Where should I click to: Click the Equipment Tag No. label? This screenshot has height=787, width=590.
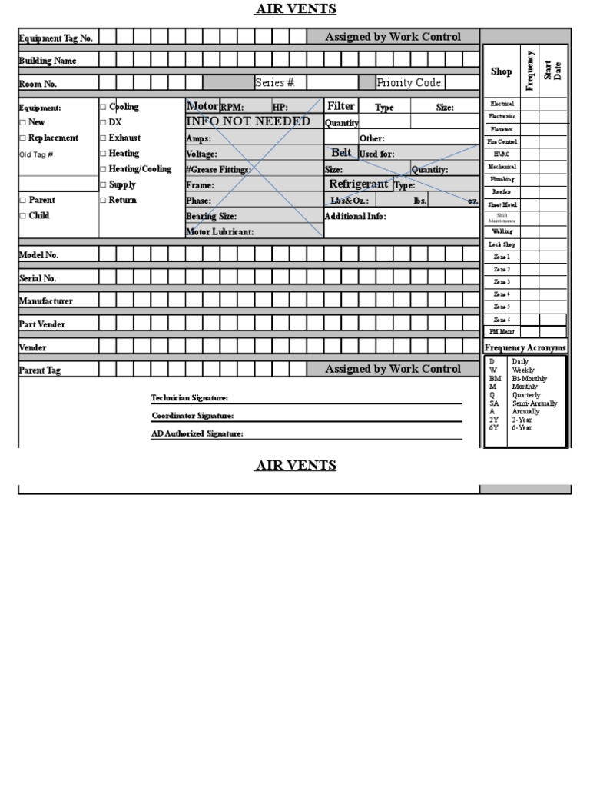pyautogui.click(x=55, y=38)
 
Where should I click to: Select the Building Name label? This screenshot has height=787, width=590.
pyautogui.click(x=48, y=61)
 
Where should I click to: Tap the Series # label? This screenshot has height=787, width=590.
pyautogui.click(x=275, y=83)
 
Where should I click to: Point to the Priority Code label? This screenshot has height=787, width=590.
pyautogui.click(x=410, y=83)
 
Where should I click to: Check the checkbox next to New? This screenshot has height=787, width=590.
pyautogui.click(x=23, y=123)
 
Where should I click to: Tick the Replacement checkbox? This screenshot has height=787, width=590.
pyautogui.click(x=23, y=138)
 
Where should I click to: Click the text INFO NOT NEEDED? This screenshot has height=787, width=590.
pyautogui.click(x=248, y=121)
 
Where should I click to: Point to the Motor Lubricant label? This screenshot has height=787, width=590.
pyautogui.click(x=220, y=232)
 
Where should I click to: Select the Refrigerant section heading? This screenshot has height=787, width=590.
pyautogui.click(x=359, y=184)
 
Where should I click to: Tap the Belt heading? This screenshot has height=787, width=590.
pyautogui.click(x=341, y=153)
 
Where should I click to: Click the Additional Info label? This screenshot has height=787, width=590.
pyautogui.click(x=356, y=217)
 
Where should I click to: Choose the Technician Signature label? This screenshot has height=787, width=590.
pyautogui.click(x=190, y=398)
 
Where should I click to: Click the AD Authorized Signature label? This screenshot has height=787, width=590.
pyautogui.click(x=197, y=433)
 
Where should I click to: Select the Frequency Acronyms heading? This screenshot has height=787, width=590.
pyautogui.click(x=525, y=348)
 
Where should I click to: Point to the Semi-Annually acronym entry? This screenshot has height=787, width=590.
pyautogui.click(x=535, y=403)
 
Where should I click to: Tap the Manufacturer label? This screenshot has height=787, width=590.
pyautogui.click(x=46, y=301)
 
